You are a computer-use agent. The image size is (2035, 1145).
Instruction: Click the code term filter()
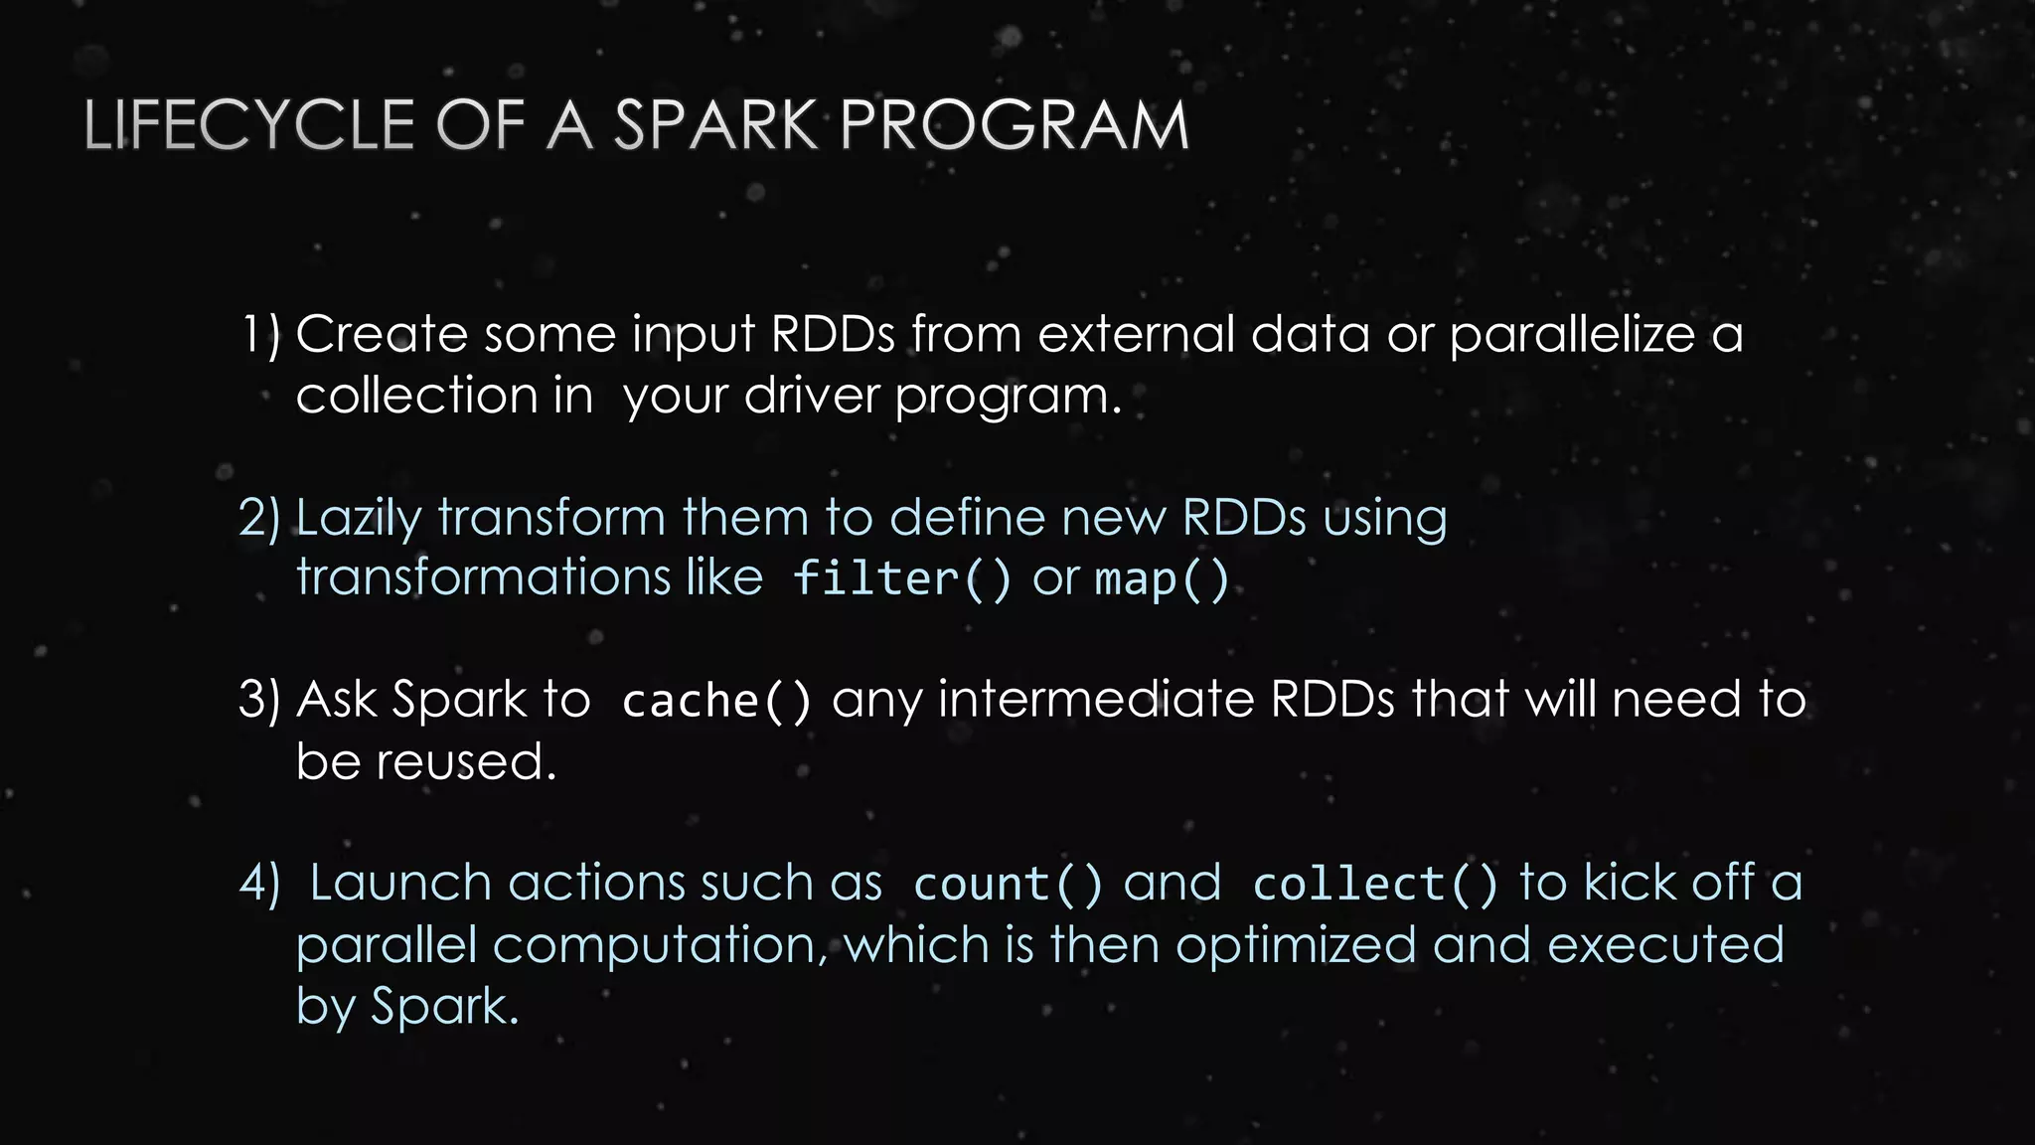click(901, 578)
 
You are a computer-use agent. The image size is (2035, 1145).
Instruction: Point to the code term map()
click(1162, 578)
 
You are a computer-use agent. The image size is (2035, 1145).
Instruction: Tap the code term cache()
click(715, 701)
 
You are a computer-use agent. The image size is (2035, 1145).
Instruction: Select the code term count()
click(1008, 884)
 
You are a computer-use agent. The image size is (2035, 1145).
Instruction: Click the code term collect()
click(1375, 884)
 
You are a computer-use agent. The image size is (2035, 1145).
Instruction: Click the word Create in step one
click(382, 334)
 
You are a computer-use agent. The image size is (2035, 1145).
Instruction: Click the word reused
click(466, 762)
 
